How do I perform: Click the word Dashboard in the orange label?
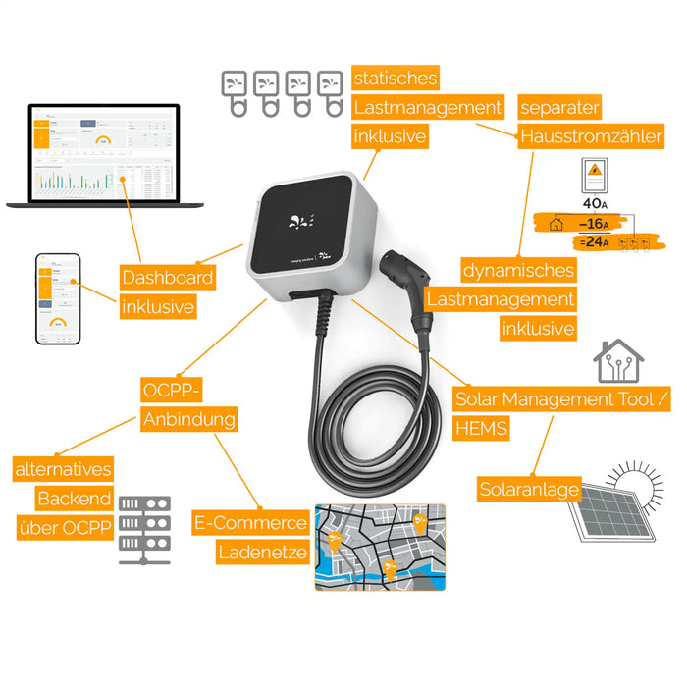(x=167, y=277)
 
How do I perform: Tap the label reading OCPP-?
(x=171, y=391)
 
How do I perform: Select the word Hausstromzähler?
(x=591, y=135)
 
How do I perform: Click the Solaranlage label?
(x=529, y=489)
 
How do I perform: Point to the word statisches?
(x=395, y=78)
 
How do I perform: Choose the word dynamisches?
(x=518, y=270)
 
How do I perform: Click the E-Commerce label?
(x=250, y=523)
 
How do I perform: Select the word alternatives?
(x=63, y=469)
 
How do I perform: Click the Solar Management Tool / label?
(x=563, y=399)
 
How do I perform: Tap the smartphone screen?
(x=58, y=299)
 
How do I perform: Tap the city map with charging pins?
(x=380, y=548)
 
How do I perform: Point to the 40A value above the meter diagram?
(x=594, y=203)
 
